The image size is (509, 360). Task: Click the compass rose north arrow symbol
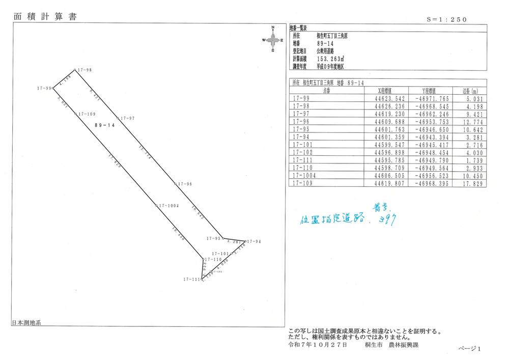point(273,39)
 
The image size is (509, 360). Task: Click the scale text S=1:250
point(446,19)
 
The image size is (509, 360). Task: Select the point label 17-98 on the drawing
point(84,70)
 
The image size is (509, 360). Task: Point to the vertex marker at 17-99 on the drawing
point(53,88)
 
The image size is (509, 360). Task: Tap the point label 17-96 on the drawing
point(184,184)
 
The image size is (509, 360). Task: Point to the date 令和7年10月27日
point(318,344)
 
